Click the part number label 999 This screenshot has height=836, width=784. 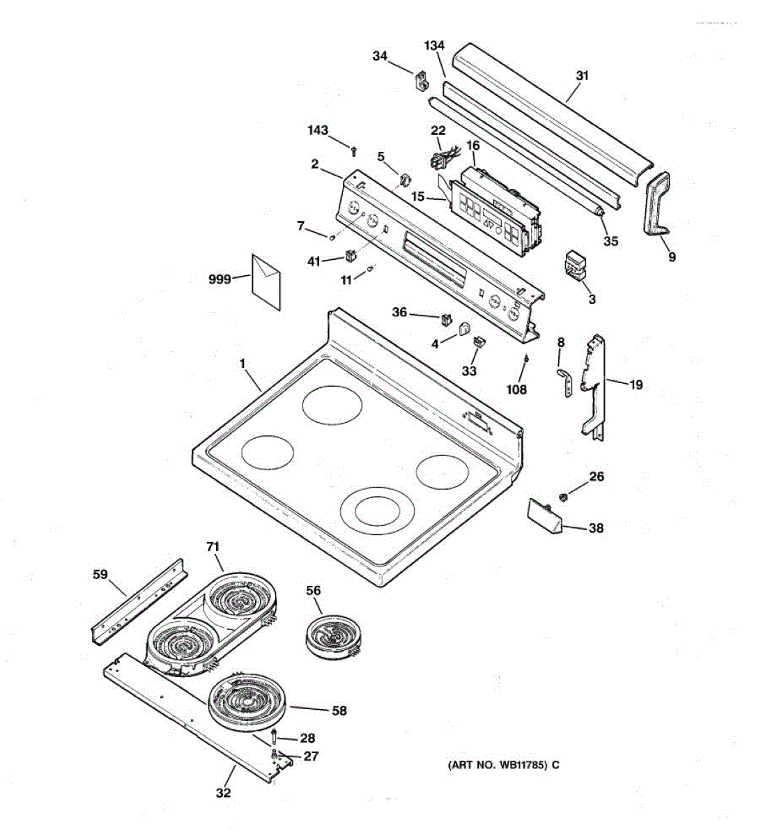click(x=220, y=280)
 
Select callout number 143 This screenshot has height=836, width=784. click(x=318, y=130)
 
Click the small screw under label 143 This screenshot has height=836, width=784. click(x=354, y=150)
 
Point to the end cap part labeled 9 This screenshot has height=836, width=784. click(x=654, y=207)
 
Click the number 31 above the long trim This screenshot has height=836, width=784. click(x=582, y=75)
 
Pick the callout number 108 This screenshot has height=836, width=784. click(x=516, y=390)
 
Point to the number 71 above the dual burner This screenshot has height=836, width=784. click(x=213, y=547)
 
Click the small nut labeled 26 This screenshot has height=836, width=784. click(x=564, y=496)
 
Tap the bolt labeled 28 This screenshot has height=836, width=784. click(x=275, y=736)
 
